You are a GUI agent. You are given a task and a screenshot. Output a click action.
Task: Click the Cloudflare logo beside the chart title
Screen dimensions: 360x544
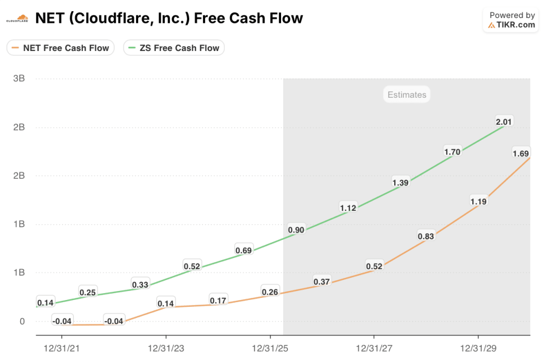point(17,19)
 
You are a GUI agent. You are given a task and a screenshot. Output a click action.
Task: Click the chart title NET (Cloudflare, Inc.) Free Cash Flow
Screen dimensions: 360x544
point(169,19)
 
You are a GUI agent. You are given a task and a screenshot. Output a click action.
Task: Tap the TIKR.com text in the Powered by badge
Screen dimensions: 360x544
point(516,25)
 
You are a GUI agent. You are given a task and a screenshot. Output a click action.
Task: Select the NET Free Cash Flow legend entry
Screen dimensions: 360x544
point(61,48)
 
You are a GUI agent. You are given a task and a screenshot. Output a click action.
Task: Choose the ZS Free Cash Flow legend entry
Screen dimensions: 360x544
point(174,48)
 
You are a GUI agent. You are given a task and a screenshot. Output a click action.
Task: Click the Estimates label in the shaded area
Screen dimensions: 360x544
point(406,95)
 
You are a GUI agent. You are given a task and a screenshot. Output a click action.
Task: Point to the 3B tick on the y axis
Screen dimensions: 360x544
point(19,79)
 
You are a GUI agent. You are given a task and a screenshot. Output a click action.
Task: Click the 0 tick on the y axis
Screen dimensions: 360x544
point(22,321)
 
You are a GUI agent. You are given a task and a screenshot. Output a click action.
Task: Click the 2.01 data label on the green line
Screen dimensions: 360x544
point(504,122)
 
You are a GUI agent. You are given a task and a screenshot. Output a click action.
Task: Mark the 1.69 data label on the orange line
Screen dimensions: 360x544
point(521,153)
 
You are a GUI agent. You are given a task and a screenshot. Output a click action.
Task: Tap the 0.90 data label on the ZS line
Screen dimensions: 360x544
point(296,230)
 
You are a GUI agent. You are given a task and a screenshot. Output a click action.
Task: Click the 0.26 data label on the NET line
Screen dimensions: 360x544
point(270,292)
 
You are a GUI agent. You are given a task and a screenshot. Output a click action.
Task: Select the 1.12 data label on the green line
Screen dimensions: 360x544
point(348,208)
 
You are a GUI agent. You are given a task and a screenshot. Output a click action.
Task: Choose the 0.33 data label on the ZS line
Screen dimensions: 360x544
point(140,284)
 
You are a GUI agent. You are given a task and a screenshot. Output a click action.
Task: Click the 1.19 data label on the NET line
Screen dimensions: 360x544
point(478,201)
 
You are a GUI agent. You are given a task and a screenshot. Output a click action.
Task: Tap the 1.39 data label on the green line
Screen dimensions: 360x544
point(400,182)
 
